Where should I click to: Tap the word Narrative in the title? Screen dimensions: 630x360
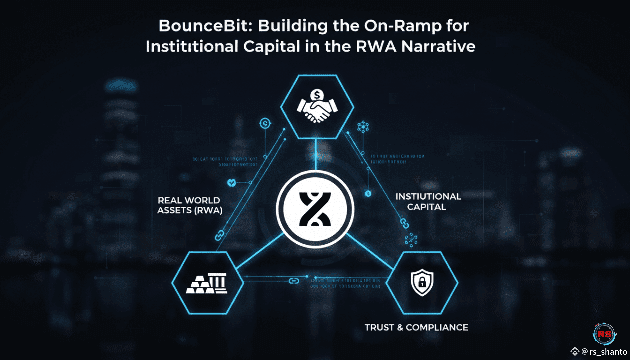click(x=438, y=46)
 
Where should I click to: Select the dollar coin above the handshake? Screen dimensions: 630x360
click(x=317, y=95)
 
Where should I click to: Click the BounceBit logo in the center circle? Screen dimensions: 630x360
click(x=315, y=209)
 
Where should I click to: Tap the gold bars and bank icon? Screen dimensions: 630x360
click(x=207, y=283)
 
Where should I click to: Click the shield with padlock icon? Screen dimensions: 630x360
click(x=422, y=282)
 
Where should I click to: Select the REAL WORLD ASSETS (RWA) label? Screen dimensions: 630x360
click(x=189, y=205)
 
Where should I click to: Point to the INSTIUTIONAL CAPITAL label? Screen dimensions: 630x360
click(x=428, y=202)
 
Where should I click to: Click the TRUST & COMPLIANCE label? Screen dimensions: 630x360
click(x=416, y=327)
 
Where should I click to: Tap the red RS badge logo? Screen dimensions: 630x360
click(x=604, y=334)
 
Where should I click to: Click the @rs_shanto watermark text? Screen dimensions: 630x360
click(x=604, y=352)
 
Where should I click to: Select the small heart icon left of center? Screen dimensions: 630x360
click(x=231, y=183)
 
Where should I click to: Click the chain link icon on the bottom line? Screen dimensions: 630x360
click(x=294, y=281)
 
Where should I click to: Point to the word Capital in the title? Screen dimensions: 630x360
click(x=272, y=46)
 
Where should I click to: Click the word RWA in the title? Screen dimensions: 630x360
click(x=376, y=46)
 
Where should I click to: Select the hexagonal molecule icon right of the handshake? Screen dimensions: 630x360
click(x=363, y=127)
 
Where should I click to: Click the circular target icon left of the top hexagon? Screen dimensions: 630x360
click(x=265, y=124)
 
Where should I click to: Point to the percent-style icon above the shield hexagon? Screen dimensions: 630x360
click(x=411, y=240)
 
